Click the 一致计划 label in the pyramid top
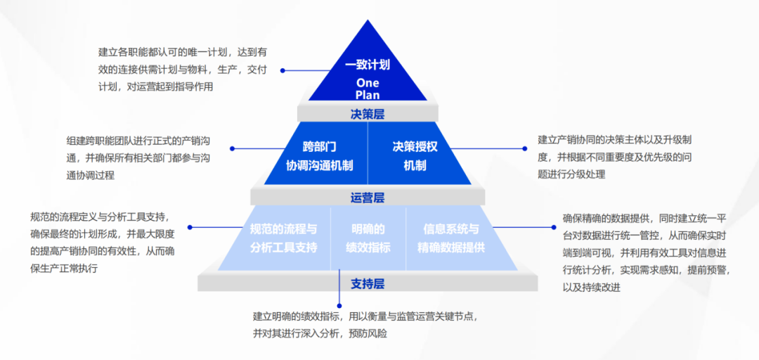pyautogui.click(x=367, y=65)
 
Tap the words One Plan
pyautogui.click(x=367, y=89)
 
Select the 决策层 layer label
pyautogui.click(x=367, y=114)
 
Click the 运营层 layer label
pyautogui.click(x=367, y=198)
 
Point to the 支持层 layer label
pyautogui.click(x=367, y=283)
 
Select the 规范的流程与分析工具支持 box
pyautogui.click(x=283, y=238)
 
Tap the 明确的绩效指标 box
pyautogui.click(x=368, y=238)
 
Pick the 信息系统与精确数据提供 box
pyautogui.click(x=450, y=238)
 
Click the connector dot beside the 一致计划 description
pyautogui.click(x=283, y=70)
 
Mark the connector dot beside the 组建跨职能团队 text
pyautogui.click(x=233, y=148)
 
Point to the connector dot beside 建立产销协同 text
pyautogui.click(x=524, y=148)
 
